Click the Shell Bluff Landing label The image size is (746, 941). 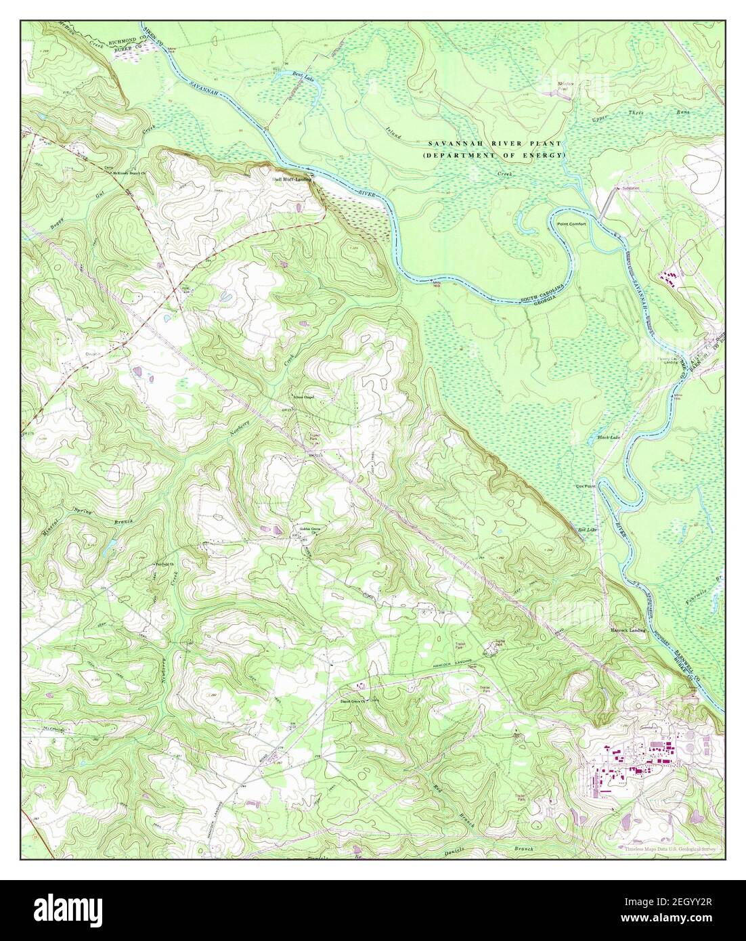[292, 180]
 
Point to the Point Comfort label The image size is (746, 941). [571, 223]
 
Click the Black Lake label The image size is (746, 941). [609, 438]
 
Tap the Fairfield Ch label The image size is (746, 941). [160, 563]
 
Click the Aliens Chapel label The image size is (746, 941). [303, 397]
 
